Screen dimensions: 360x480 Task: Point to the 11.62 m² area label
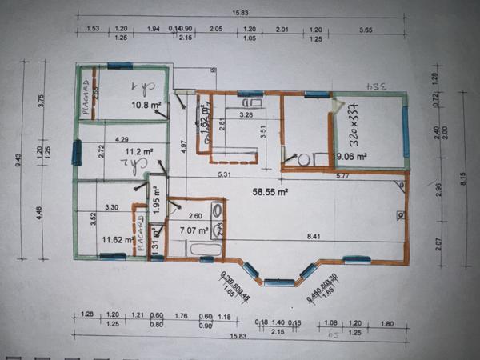117,238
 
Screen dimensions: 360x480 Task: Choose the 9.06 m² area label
351,157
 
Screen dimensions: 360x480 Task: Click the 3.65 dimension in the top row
365,30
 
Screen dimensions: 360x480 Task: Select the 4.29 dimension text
122,140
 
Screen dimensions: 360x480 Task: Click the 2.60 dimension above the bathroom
194,216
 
